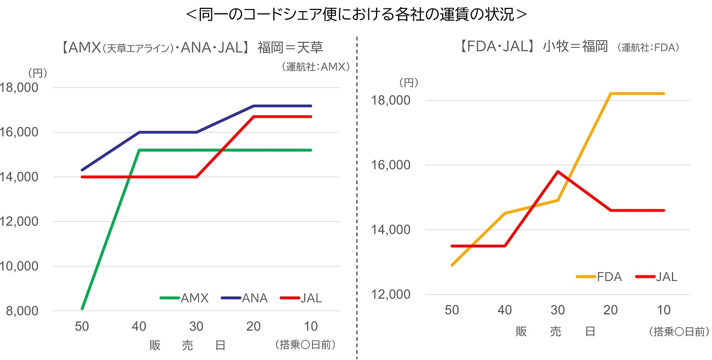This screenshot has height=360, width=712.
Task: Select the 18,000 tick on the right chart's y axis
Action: (x=390, y=101)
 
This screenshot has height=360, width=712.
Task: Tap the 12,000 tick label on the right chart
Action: (x=390, y=295)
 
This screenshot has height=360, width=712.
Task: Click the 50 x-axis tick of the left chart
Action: (x=82, y=327)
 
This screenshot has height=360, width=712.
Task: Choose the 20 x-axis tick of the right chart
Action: (x=611, y=310)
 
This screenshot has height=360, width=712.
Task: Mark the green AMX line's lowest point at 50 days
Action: (x=82, y=308)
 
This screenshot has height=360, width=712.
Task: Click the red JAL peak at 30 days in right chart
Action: (x=558, y=171)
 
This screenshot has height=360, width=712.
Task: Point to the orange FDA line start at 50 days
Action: (x=452, y=265)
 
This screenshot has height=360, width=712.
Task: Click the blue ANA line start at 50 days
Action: (x=82, y=170)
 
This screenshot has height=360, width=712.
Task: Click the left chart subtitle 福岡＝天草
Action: (x=290, y=47)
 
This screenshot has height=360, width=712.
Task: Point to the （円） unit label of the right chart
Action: (x=408, y=82)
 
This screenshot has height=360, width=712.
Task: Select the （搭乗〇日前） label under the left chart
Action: (x=305, y=346)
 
